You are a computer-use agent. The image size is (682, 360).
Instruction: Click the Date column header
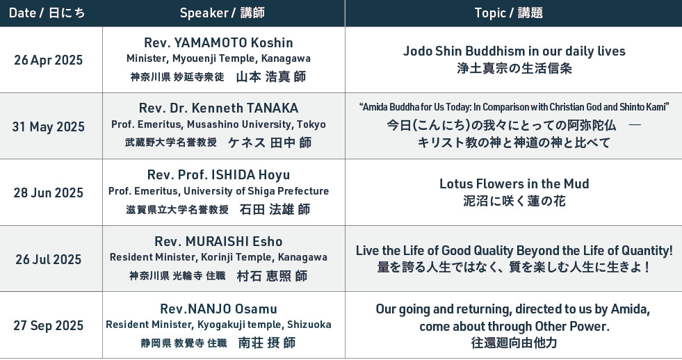[47, 13]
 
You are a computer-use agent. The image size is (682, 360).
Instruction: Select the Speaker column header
[222, 13]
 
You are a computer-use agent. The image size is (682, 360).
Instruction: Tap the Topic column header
[508, 13]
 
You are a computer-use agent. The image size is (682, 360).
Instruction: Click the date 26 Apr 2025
[48, 60]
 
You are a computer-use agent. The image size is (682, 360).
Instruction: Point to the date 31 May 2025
[48, 126]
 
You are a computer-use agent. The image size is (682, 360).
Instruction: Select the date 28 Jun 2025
[48, 193]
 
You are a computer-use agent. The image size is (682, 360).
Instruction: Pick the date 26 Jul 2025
[48, 259]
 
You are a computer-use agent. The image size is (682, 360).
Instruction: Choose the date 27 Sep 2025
[48, 326]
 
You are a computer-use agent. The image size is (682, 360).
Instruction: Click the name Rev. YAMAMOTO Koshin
[218, 42]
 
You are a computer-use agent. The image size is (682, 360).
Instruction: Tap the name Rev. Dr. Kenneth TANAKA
[218, 108]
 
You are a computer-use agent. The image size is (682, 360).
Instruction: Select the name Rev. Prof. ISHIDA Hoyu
[218, 174]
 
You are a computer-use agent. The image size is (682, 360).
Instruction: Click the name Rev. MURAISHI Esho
[218, 241]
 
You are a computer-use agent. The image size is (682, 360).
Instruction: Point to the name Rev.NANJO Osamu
[218, 309]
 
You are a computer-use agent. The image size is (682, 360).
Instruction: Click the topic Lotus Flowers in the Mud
[514, 184]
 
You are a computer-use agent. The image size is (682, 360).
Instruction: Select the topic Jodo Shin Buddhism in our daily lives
[514, 51]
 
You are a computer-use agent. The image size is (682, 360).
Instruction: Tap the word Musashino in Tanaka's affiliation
[211, 124]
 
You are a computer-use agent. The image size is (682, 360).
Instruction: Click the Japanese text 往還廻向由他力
[514, 343]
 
